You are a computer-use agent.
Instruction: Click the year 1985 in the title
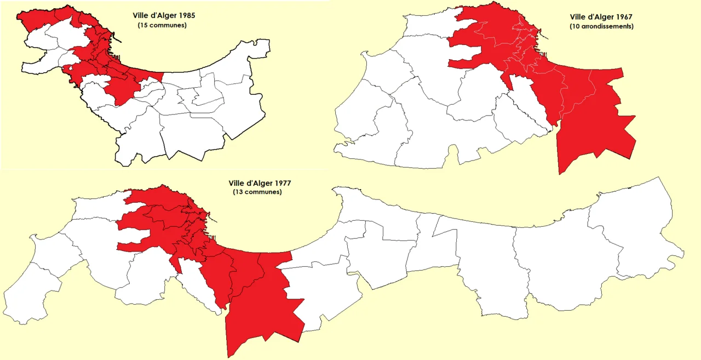click(x=187, y=16)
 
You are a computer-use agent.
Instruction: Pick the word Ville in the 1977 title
click(x=237, y=184)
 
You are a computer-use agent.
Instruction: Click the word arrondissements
click(x=607, y=26)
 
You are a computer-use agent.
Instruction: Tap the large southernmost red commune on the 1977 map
click(x=263, y=318)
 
